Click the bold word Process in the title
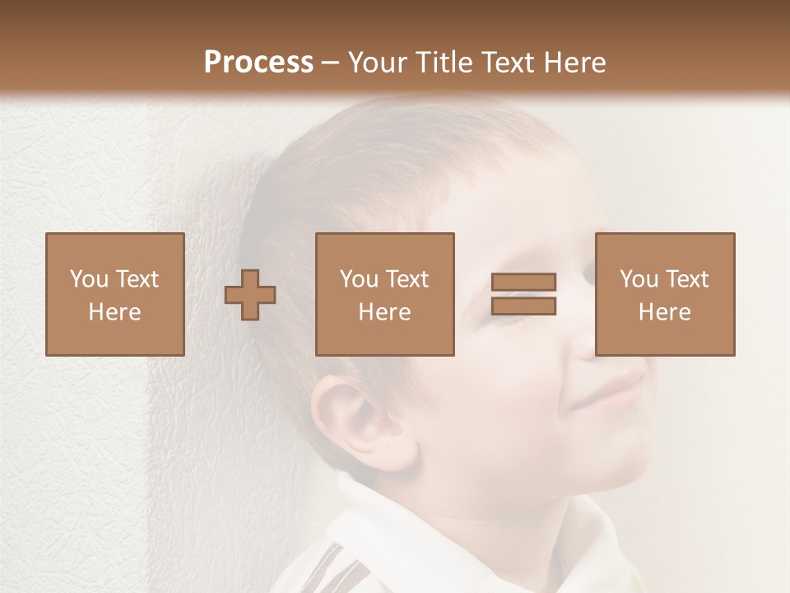click(x=258, y=62)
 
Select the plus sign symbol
click(x=250, y=294)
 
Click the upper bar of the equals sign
click(x=523, y=282)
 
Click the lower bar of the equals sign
click(x=523, y=306)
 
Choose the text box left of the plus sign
click(x=115, y=294)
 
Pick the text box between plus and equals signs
click(x=384, y=294)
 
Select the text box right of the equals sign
click(x=664, y=294)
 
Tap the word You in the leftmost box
click(x=88, y=279)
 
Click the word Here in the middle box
click(x=384, y=312)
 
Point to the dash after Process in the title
click(x=330, y=63)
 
